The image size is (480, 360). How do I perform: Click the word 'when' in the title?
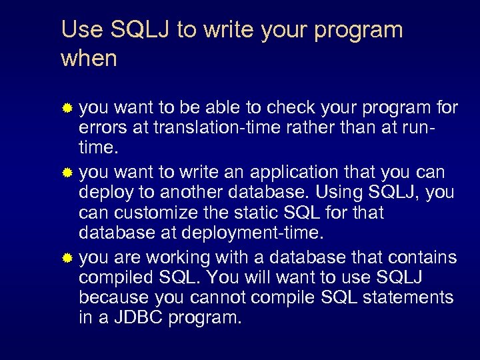click(x=89, y=59)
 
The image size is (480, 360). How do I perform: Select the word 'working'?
click(x=173, y=257)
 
